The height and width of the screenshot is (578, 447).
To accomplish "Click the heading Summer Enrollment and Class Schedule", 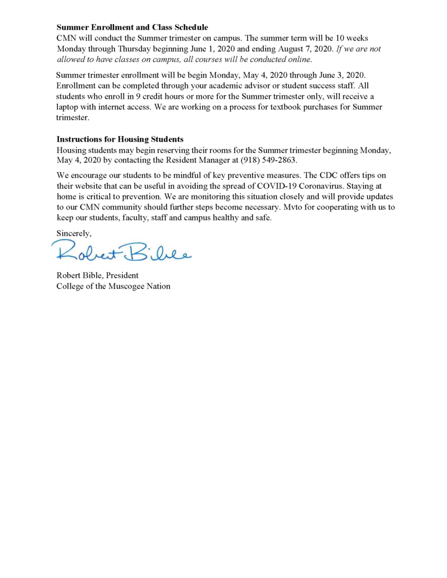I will click(132, 27).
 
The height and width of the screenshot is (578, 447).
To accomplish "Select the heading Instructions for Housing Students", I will click(120, 139).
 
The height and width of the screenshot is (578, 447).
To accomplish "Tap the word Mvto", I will click(290, 207).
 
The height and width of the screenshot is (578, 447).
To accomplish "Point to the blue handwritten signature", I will click(122, 253).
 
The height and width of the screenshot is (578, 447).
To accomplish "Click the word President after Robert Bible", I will click(121, 275).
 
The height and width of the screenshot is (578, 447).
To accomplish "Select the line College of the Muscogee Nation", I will click(113, 286).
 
